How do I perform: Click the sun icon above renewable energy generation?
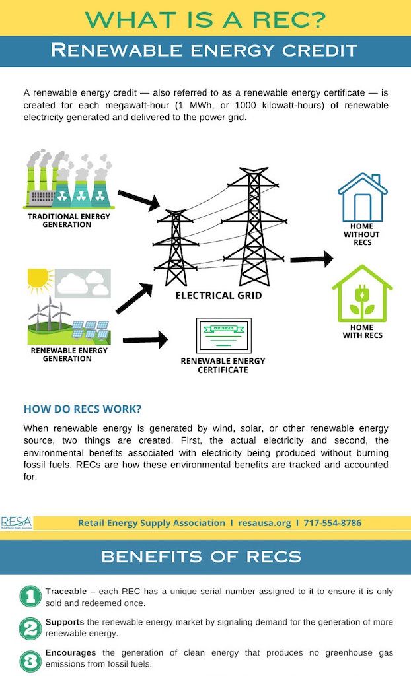coord(38,280)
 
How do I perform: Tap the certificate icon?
coord(223,335)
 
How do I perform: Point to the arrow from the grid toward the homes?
coord(311,259)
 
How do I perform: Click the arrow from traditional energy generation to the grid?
coord(139,200)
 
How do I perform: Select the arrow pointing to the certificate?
coord(145,340)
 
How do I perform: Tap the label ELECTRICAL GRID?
coord(219,296)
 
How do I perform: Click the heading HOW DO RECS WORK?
coord(83,409)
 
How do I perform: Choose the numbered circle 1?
coord(30,596)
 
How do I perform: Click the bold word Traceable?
coord(66,591)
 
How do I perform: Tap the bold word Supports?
coord(65,622)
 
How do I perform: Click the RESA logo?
coord(17,523)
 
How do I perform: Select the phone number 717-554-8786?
coord(332,523)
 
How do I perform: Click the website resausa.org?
coord(265,523)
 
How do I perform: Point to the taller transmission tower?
coord(254,227)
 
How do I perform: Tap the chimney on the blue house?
coord(376,178)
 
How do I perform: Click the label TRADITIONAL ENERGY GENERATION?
coord(69,220)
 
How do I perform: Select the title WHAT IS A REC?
coord(205,19)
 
